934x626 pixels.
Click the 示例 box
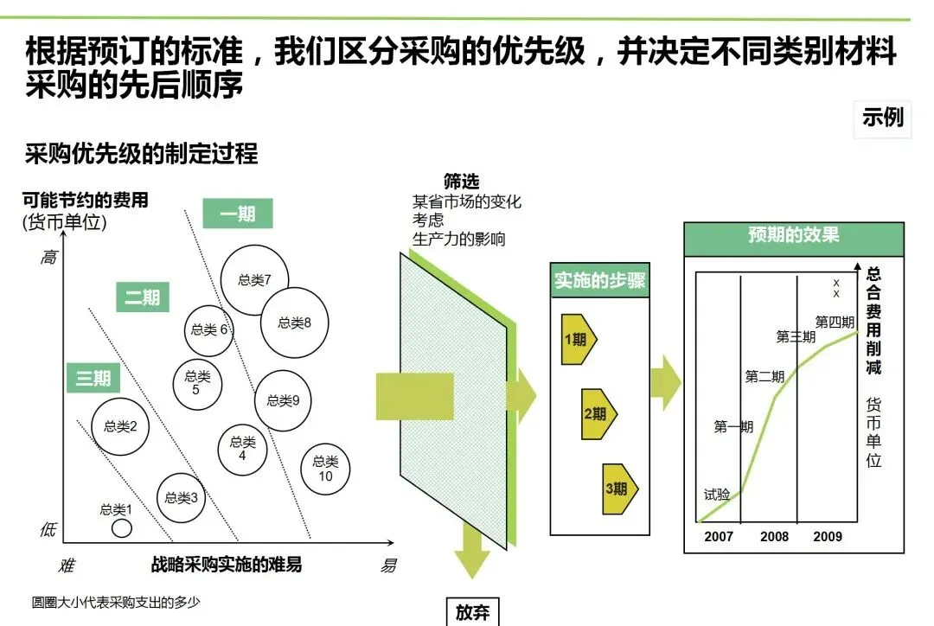883,117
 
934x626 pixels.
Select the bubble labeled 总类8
295,323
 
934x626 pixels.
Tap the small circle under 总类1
122,527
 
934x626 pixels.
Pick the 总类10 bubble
326,469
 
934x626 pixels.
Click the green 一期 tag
238,214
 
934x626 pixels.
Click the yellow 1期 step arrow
578,340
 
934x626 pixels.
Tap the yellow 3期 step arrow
619,489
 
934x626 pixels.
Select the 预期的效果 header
793,235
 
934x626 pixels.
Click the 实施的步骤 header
600,280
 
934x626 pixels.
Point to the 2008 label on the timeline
774,536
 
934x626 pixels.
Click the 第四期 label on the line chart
834,323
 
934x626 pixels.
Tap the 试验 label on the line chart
717,495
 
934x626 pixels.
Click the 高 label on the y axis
48,257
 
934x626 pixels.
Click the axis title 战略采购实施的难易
227,565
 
